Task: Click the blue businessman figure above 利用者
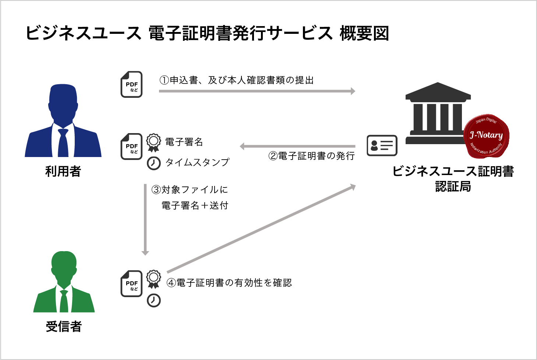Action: (x=63, y=121)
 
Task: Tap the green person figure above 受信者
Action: (x=64, y=282)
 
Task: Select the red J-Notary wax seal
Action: (x=487, y=136)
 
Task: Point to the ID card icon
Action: (x=382, y=145)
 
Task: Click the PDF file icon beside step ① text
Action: (x=131, y=84)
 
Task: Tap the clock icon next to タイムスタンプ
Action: (x=154, y=163)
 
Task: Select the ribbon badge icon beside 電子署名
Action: (x=153, y=143)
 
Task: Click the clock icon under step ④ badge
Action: (x=154, y=300)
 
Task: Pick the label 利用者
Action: (x=63, y=171)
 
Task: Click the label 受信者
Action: (x=64, y=326)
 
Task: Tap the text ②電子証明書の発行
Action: (x=311, y=156)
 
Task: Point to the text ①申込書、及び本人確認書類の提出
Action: (x=237, y=80)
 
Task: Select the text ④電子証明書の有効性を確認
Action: (x=229, y=283)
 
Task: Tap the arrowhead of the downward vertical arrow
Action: (x=145, y=253)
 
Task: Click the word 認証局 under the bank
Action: (x=453, y=186)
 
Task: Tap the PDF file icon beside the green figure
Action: (x=131, y=284)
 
